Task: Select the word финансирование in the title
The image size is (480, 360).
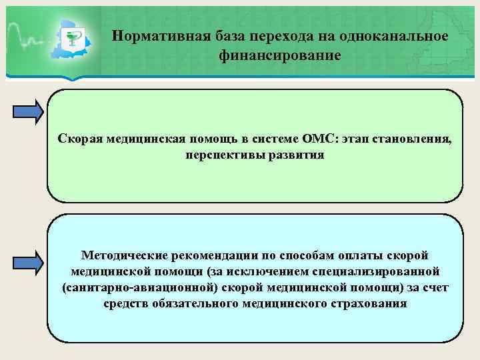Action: (x=280, y=55)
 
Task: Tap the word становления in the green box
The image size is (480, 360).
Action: (x=414, y=139)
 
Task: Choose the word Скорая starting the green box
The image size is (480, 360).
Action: (x=79, y=139)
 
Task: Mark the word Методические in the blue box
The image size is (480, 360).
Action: (x=123, y=255)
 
